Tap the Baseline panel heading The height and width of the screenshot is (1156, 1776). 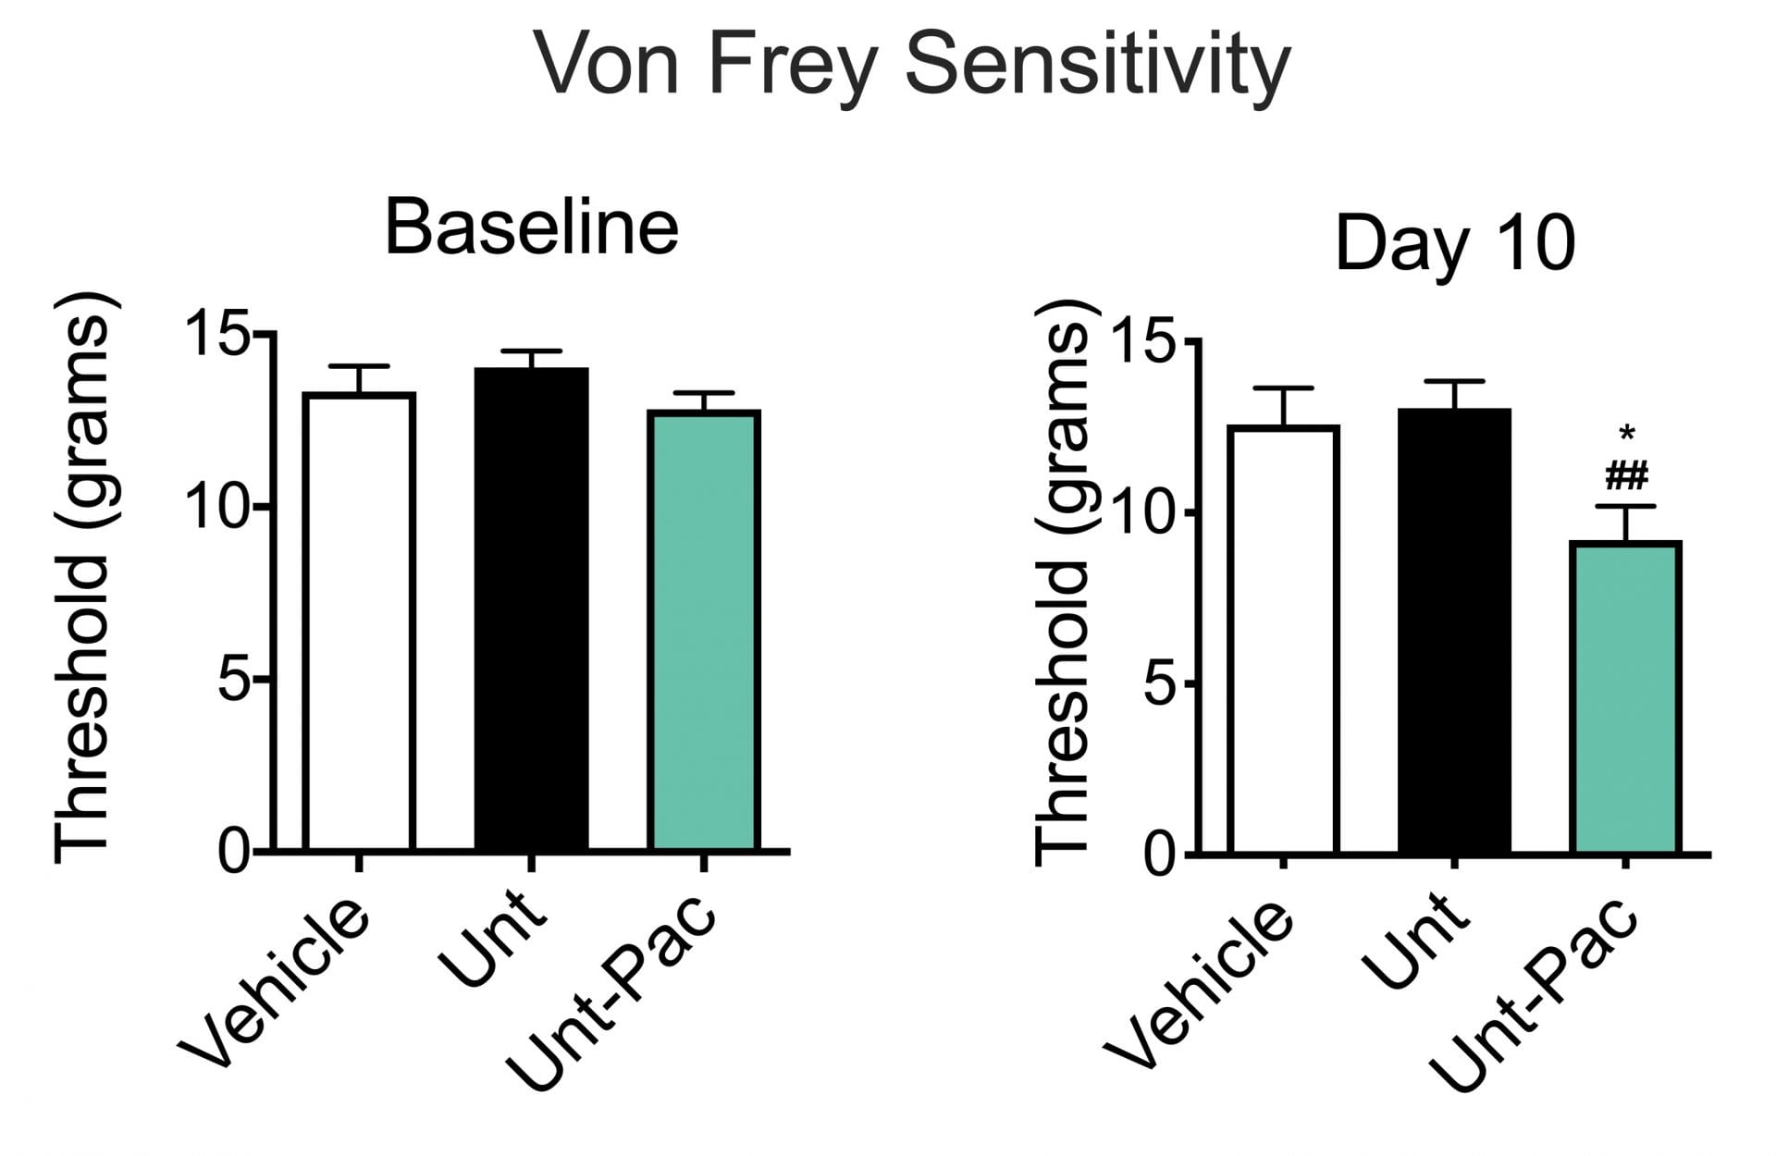[x=531, y=228]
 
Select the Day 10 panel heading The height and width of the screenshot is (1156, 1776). [x=1454, y=243]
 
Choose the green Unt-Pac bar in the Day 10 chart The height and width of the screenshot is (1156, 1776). [x=1625, y=697]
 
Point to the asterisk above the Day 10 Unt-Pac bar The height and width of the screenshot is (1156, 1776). [x=1626, y=433]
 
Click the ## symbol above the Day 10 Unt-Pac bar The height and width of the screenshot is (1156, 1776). [x=1626, y=477]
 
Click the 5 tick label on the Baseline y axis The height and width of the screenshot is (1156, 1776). [x=233, y=680]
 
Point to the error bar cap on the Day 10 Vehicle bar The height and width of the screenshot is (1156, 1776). [x=1283, y=388]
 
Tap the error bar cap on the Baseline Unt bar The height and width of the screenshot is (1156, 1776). [x=531, y=351]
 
